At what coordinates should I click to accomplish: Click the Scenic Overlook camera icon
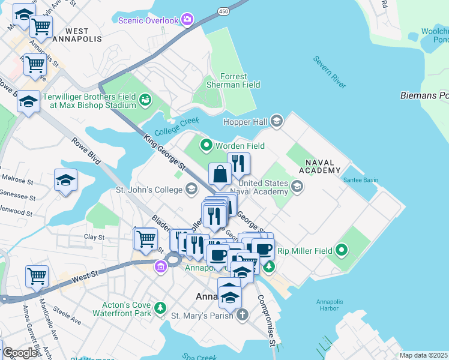(187, 20)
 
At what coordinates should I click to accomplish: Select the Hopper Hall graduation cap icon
(276, 121)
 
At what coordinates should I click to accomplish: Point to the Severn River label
(329, 72)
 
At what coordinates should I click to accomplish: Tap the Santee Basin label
(360, 180)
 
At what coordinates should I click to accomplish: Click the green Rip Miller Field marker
(342, 249)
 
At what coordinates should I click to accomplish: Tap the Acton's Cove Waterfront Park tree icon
(160, 308)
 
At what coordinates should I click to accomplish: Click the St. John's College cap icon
(191, 190)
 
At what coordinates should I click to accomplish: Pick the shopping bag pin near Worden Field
(220, 174)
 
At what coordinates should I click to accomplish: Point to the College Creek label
(176, 127)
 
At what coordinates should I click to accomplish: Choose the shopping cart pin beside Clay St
(145, 239)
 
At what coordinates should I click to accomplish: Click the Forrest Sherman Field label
(232, 80)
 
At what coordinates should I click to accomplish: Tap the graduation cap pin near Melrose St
(66, 180)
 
